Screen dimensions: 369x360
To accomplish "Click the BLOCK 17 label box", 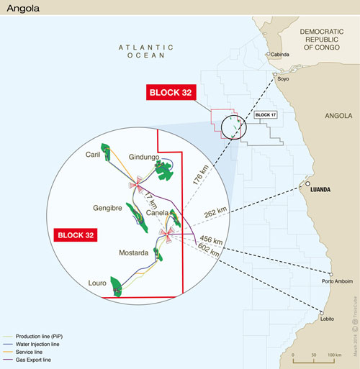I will coord(266,114).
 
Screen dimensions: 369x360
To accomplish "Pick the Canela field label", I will coord(157,213).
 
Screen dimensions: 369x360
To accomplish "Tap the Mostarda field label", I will coord(132,253).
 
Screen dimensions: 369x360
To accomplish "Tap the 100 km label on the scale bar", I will coord(334,355).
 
